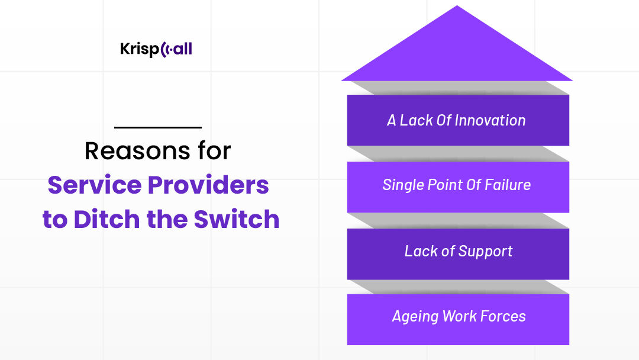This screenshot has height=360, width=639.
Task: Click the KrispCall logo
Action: pyautogui.click(x=156, y=49)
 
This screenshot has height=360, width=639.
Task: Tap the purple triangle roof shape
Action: pyautogui.click(x=457, y=53)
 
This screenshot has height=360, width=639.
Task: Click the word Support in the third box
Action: pyautogui.click(x=485, y=251)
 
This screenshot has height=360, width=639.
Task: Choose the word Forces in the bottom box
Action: pyautogui.click(x=502, y=316)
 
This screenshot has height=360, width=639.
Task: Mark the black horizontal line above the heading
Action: pyautogui.click(x=158, y=127)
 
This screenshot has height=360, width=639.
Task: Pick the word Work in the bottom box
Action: pyautogui.click(x=460, y=316)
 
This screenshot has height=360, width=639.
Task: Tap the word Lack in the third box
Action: pyautogui.click(x=421, y=251)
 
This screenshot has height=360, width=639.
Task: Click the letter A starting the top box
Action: pyautogui.click(x=392, y=120)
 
